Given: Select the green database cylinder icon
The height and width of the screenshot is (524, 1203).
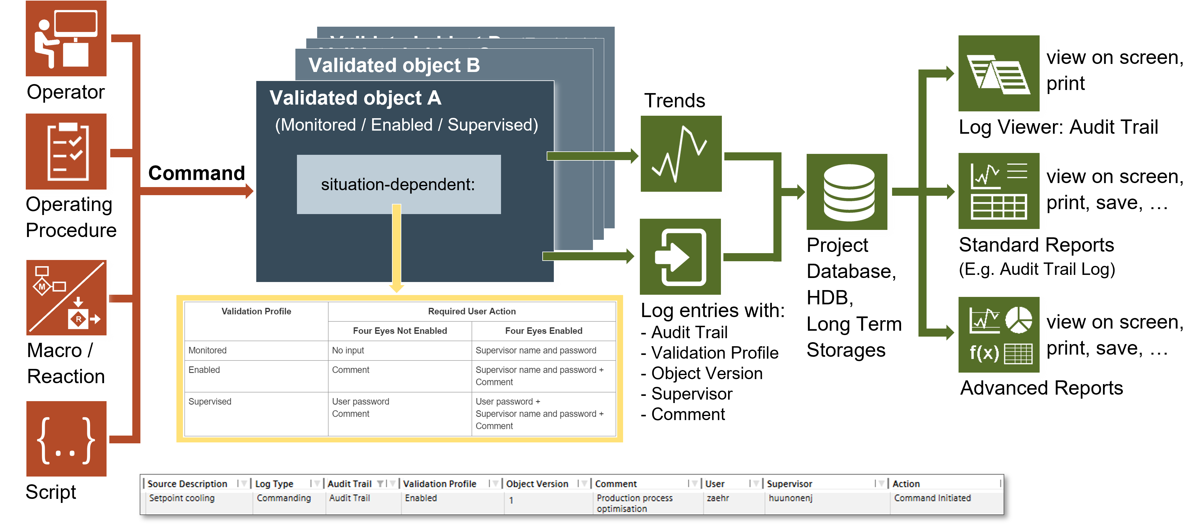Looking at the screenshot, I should click(849, 192).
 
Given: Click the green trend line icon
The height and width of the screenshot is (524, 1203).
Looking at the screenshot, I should click(681, 154).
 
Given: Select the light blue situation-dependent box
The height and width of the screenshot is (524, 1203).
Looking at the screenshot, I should click(398, 184).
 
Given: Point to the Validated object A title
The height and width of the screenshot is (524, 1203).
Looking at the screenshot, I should click(355, 98).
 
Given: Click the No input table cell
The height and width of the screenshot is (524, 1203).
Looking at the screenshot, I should click(348, 351).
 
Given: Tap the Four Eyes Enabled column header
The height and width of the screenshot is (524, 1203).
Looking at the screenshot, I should click(543, 331).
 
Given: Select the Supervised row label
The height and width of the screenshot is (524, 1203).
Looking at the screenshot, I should click(210, 402).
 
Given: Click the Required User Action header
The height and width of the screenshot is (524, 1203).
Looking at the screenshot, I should click(472, 311).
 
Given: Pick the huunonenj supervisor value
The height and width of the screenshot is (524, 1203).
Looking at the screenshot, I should click(790, 498).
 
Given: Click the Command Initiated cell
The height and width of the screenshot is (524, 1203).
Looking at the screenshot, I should click(932, 498).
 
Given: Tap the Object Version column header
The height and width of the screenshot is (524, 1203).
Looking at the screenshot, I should click(537, 484).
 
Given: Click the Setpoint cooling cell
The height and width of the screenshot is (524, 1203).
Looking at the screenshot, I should click(182, 498).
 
